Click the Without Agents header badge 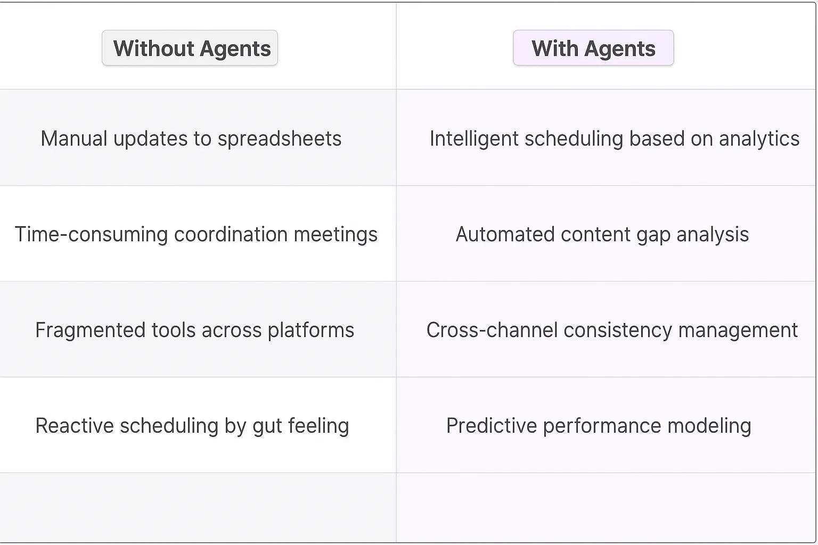(190, 48)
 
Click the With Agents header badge (593, 48)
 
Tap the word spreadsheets (279, 139)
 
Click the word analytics (759, 139)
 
